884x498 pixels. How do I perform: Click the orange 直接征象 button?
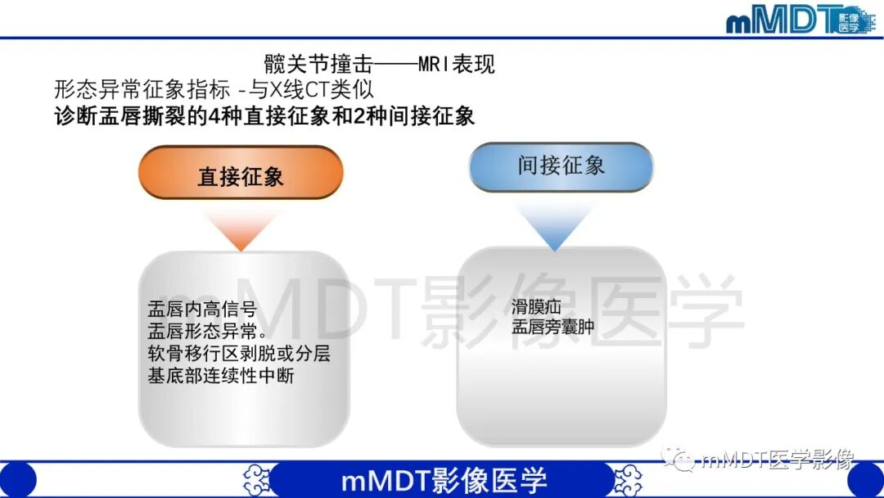(x=240, y=174)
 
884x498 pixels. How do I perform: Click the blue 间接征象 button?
(x=561, y=167)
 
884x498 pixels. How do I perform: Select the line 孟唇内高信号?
(x=202, y=310)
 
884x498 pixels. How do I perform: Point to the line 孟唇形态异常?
(x=206, y=332)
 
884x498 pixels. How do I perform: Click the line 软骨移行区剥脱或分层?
(x=238, y=354)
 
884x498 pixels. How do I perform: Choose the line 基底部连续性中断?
(x=220, y=376)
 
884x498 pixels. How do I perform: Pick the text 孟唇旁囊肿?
(x=552, y=328)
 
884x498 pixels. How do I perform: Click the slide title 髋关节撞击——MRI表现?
(x=379, y=64)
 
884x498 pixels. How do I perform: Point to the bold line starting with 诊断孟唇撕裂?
(x=264, y=115)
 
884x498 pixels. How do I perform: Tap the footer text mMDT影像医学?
(x=444, y=479)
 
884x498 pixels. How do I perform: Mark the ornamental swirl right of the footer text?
(x=629, y=479)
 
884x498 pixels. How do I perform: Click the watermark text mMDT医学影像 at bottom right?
(x=774, y=461)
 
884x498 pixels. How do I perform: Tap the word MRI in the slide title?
(x=434, y=64)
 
